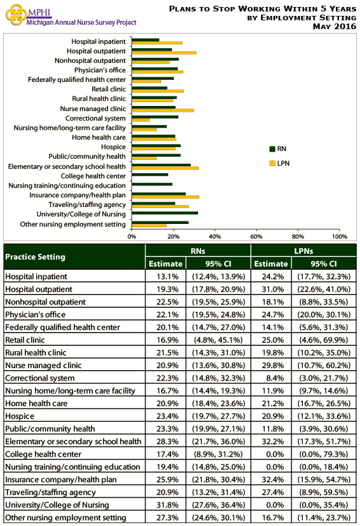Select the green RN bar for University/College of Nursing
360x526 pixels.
click(x=164, y=213)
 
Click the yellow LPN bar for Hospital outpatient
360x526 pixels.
click(x=164, y=52)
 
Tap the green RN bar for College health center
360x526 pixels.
click(x=150, y=174)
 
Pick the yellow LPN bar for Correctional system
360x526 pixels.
click(x=141, y=120)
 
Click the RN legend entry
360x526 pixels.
click(x=277, y=148)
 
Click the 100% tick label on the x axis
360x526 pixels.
click(x=339, y=236)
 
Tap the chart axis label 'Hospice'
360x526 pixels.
click(x=114, y=146)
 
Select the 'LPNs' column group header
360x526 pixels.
click(x=303, y=251)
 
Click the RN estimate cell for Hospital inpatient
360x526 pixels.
click(x=165, y=277)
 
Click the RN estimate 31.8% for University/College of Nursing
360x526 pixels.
click(x=165, y=505)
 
